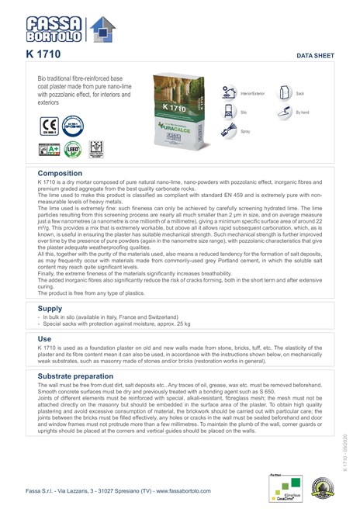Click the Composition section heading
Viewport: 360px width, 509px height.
[x=60, y=174]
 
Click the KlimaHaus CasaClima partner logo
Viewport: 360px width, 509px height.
[x=282, y=483]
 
